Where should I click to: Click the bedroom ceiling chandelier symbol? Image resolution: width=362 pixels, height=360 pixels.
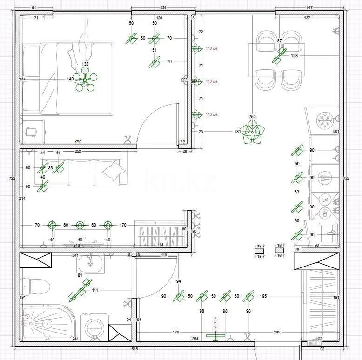click(86, 79)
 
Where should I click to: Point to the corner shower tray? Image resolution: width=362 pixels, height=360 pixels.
click(42, 321)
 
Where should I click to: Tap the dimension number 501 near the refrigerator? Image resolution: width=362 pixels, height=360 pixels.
click(336, 132)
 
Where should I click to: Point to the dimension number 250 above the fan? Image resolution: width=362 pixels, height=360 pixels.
click(252, 116)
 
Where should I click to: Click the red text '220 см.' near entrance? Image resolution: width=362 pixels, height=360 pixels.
click(215, 322)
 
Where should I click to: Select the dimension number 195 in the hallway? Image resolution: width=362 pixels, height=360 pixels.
click(263, 296)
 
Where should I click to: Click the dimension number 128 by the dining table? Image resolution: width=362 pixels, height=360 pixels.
click(294, 56)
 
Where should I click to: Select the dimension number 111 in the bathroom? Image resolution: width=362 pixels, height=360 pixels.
click(95, 290)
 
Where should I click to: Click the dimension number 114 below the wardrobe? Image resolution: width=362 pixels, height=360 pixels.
click(160, 245)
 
